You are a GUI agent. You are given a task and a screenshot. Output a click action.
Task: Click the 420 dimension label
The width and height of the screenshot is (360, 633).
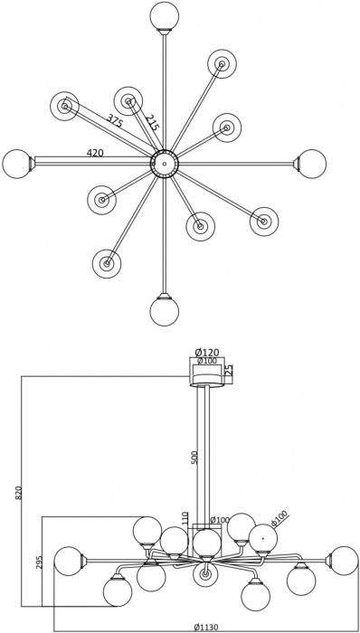click(x=95, y=154)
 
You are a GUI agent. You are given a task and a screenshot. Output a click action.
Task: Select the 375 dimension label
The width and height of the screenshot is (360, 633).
click(x=115, y=121)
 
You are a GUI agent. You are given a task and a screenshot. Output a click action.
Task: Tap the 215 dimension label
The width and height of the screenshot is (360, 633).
click(x=152, y=124)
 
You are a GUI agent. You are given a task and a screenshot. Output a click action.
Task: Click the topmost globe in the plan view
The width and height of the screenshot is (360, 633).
click(x=164, y=15)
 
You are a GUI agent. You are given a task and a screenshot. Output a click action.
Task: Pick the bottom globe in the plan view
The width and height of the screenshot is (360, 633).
click(x=164, y=311)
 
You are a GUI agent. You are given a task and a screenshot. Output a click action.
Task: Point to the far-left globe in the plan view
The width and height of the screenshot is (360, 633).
click(x=16, y=164)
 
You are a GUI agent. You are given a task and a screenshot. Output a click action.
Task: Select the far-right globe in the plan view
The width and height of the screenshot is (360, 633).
click(x=312, y=164)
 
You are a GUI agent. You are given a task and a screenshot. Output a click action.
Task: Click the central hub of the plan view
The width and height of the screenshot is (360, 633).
click(x=164, y=164)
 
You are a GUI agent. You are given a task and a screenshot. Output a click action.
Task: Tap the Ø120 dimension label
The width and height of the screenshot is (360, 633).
click(x=208, y=352)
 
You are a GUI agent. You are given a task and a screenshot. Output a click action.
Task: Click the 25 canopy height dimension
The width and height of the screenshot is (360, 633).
click(x=229, y=370)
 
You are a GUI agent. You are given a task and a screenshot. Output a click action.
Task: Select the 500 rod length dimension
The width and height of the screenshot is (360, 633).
click(x=194, y=457)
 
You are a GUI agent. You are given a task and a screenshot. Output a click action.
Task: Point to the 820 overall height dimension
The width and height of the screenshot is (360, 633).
click(x=18, y=493)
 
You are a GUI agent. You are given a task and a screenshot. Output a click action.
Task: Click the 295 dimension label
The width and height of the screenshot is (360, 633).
click(x=39, y=562)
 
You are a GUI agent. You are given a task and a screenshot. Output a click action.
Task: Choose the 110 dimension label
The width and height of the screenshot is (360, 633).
click(x=185, y=519)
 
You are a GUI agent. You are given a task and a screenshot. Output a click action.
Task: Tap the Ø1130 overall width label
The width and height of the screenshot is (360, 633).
click(x=208, y=627)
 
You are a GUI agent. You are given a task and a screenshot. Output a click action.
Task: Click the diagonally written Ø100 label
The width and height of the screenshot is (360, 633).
click(x=279, y=519)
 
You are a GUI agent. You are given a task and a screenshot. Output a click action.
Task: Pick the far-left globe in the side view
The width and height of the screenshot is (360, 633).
click(x=68, y=561)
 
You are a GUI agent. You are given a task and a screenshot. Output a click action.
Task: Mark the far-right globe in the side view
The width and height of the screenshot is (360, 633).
click(x=344, y=561)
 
